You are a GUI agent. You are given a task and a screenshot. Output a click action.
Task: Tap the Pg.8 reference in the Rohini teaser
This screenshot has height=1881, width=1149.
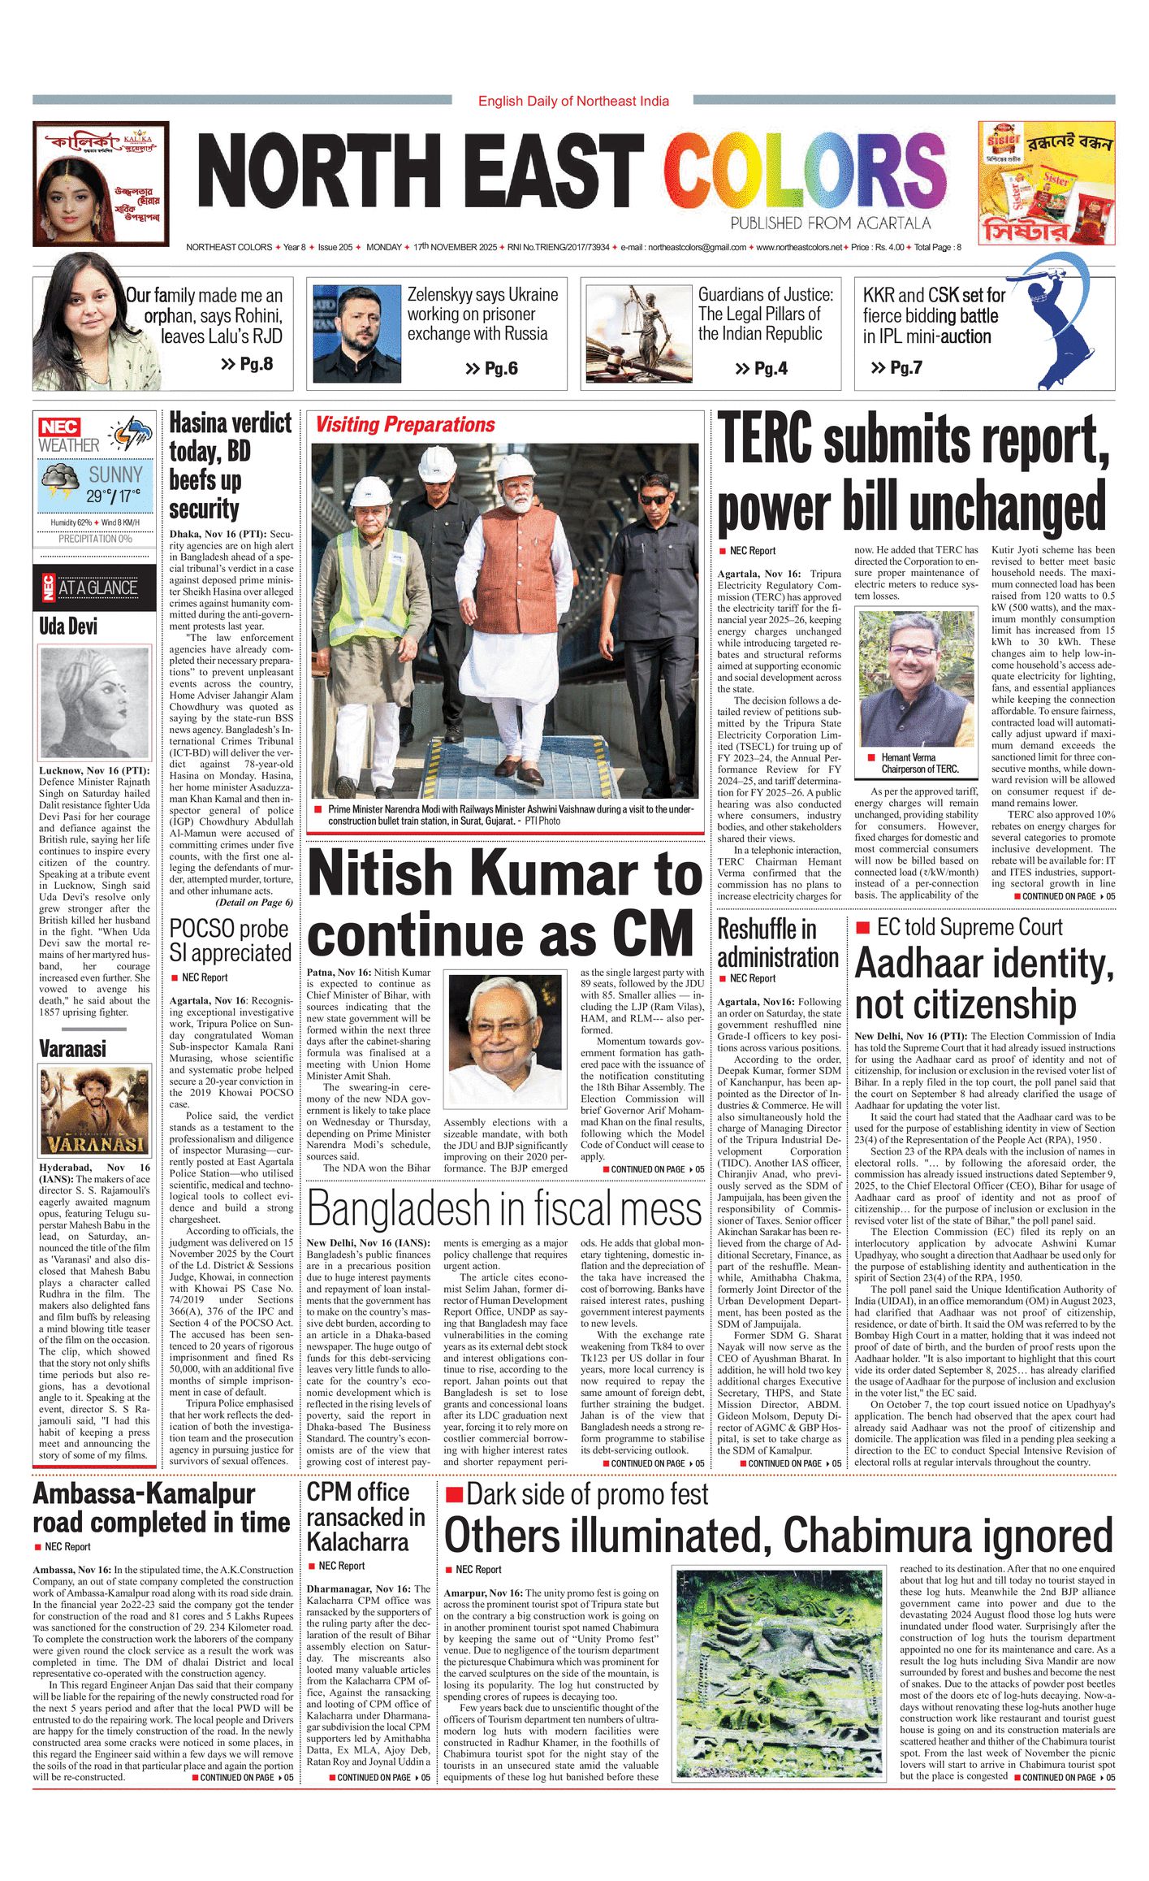[248, 363]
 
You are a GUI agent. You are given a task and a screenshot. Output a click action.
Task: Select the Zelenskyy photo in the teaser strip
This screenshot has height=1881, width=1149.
[357, 333]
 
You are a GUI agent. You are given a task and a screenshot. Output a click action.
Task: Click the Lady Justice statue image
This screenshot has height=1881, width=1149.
[639, 332]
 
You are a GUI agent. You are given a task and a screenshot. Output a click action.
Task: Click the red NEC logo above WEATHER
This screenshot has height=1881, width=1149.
[59, 427]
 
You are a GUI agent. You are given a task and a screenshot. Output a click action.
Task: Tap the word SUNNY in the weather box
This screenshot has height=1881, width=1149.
[115, 475]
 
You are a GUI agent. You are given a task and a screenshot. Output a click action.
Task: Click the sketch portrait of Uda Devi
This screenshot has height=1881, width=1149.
[95, 703]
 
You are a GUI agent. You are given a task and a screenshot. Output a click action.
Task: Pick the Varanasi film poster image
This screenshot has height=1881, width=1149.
[95, 1112]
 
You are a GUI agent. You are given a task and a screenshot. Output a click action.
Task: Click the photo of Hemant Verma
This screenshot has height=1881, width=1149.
[918, 679]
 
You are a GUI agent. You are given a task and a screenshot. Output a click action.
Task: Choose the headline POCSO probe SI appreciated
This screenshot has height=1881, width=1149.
[230, 940]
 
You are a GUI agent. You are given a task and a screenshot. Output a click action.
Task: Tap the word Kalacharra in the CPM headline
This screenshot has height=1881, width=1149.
[357, 1541]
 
